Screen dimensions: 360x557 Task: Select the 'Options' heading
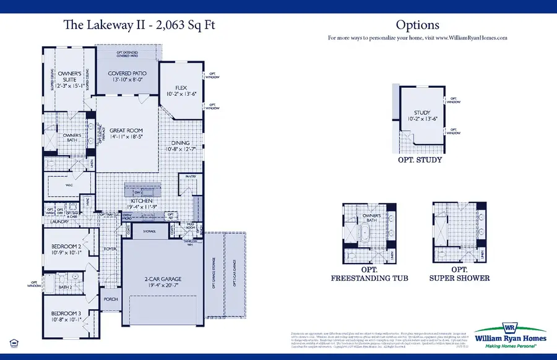click(x=417, y=25)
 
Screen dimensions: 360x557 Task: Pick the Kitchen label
click(x=144, y=201)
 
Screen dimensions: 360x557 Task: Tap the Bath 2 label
click(x=66, y=287)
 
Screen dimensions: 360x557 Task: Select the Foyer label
click(x=110, y=249)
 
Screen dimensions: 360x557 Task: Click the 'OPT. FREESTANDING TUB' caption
click(x=369, y=274)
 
